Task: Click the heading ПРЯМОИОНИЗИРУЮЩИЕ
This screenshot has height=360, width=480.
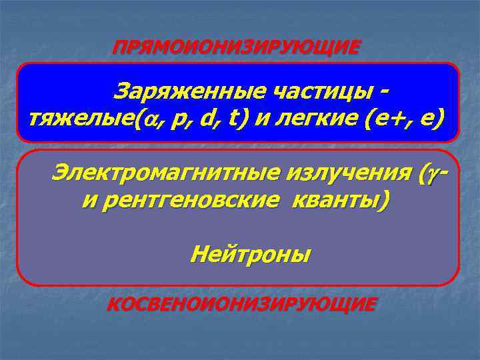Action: point(237,47)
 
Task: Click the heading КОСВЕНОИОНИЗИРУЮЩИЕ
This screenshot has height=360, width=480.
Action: point(241,304)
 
